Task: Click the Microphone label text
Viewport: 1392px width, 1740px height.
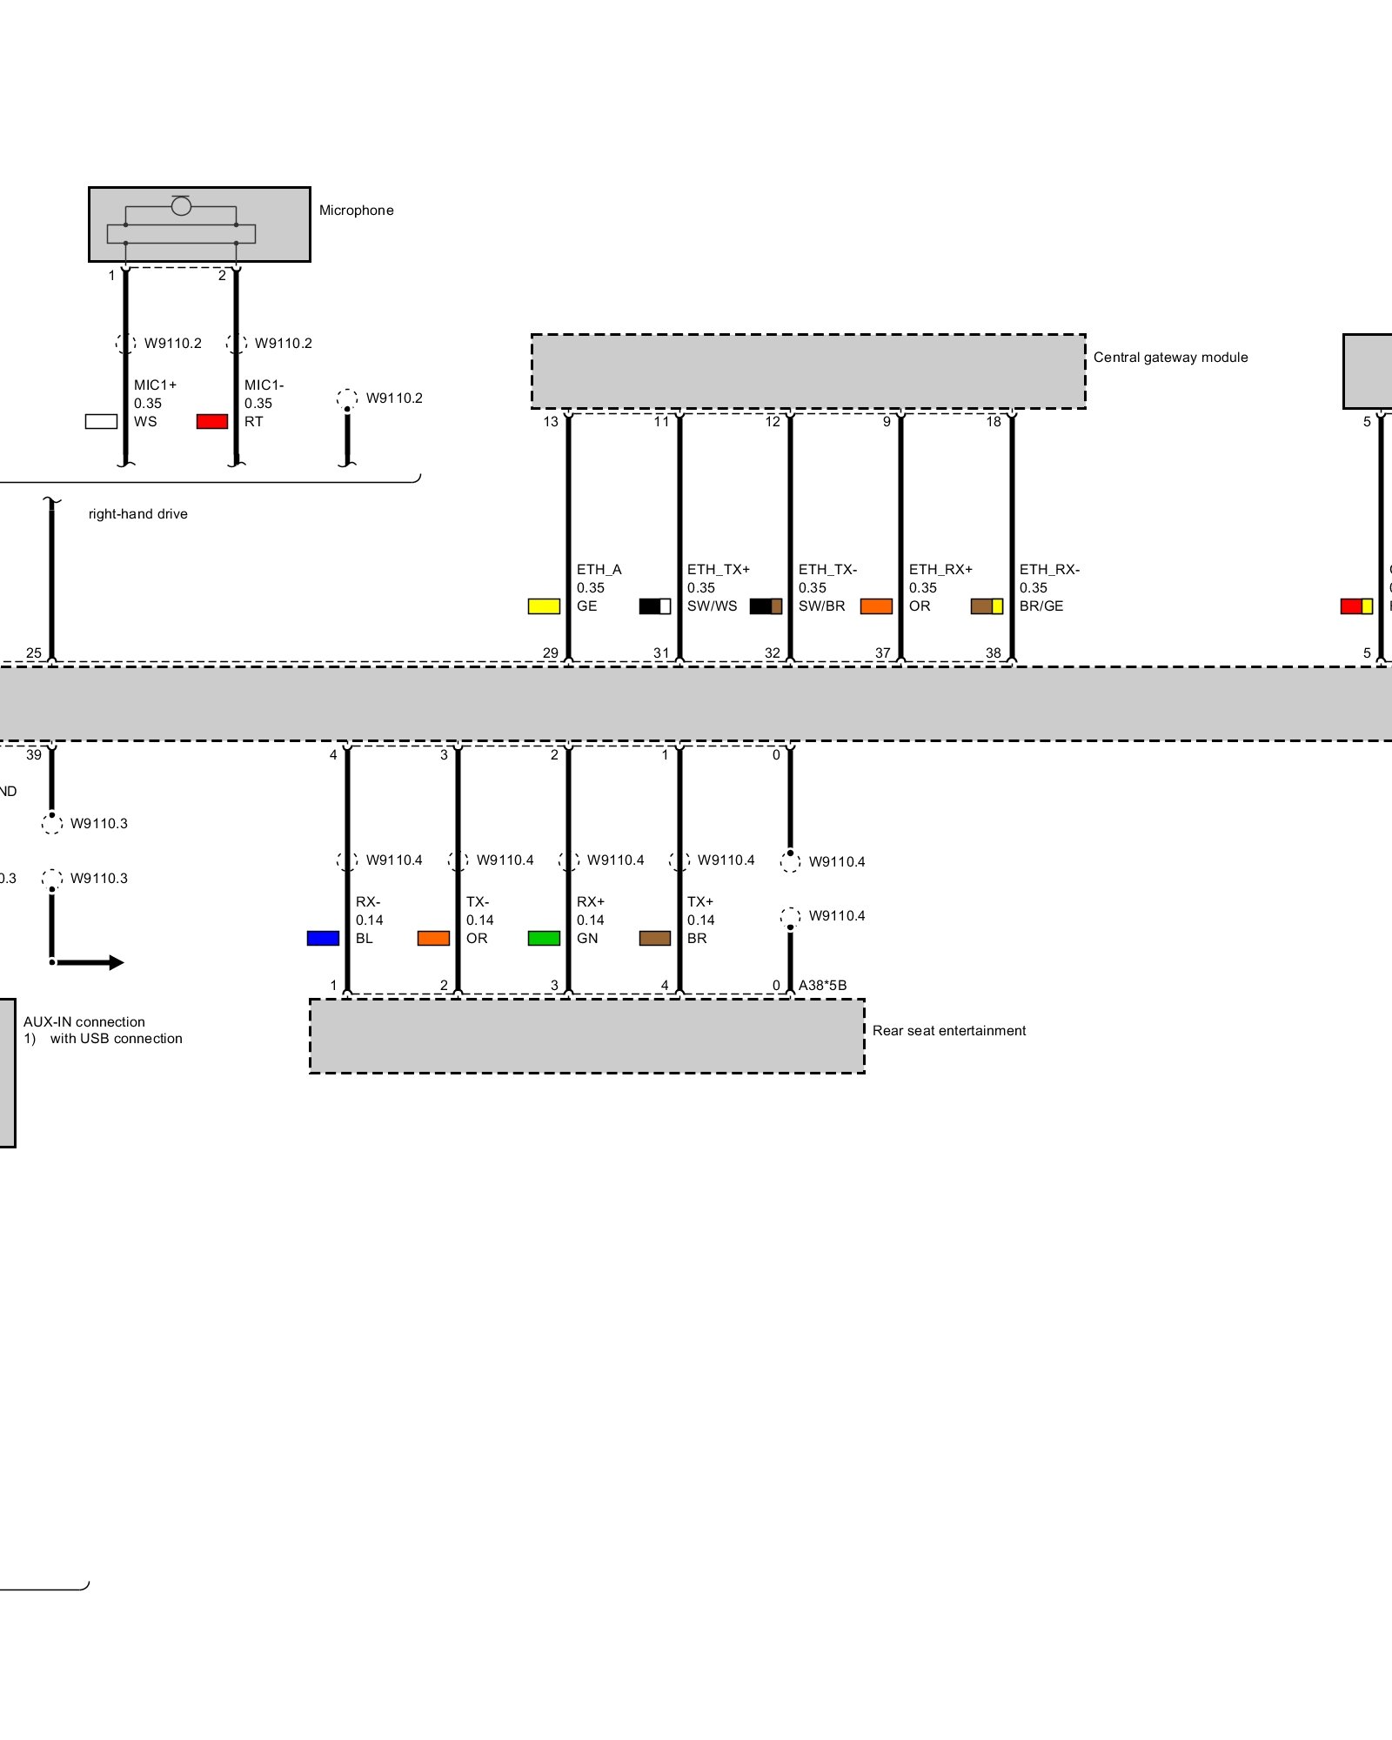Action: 356,211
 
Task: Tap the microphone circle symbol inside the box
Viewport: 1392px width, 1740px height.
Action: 181,206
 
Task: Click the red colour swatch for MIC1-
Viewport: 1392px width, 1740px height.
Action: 212,421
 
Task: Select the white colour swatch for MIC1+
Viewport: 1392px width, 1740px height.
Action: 101,421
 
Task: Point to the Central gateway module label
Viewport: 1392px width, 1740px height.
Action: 1170,358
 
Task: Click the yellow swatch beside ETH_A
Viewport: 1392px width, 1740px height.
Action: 544,606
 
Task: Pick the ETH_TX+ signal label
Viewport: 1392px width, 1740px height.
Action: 718,570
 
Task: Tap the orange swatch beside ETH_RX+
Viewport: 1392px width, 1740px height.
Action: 876,606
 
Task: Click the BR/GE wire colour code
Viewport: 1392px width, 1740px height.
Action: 1041,606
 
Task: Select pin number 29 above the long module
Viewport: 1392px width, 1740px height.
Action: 550,652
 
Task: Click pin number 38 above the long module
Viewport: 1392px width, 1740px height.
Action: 993,652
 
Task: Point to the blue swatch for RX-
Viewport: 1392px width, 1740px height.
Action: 323,938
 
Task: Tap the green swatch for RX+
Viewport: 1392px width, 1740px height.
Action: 544,938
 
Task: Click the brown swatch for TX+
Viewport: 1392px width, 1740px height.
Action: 654,938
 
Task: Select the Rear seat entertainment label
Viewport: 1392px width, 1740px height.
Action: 949,1031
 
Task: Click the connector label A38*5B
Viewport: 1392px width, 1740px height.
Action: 822,986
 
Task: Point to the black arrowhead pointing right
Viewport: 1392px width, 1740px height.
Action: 116,962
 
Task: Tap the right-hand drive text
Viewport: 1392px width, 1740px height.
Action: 138,514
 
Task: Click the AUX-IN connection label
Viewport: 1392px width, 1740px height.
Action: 84,1022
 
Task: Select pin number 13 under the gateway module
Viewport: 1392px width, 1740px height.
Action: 550,422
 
